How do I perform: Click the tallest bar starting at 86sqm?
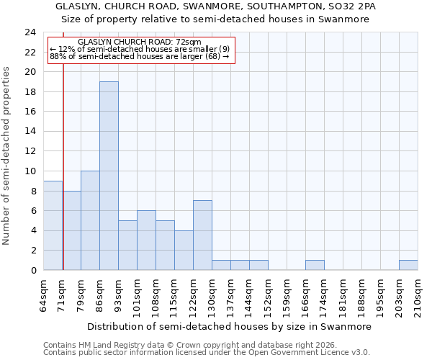pyautogui.click(x=109, y=176)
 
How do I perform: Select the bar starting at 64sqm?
pyautogui.click(x=53, y=225)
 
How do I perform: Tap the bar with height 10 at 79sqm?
pyautogui.click(x=90, y=220)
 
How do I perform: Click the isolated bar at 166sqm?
pyautogui.click(x=315, y=265)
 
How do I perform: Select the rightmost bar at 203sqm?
pyautogui.click(x=408, y=265)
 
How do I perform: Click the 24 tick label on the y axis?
pyautogui.click(x=30, y=32)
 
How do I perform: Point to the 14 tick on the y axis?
pyautogui.click(x=30, y=132)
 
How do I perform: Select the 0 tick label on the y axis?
pyautogui.click(x=33, y=270)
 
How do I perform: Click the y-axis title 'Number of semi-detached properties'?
pyautogui.click(x=7, y=156)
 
